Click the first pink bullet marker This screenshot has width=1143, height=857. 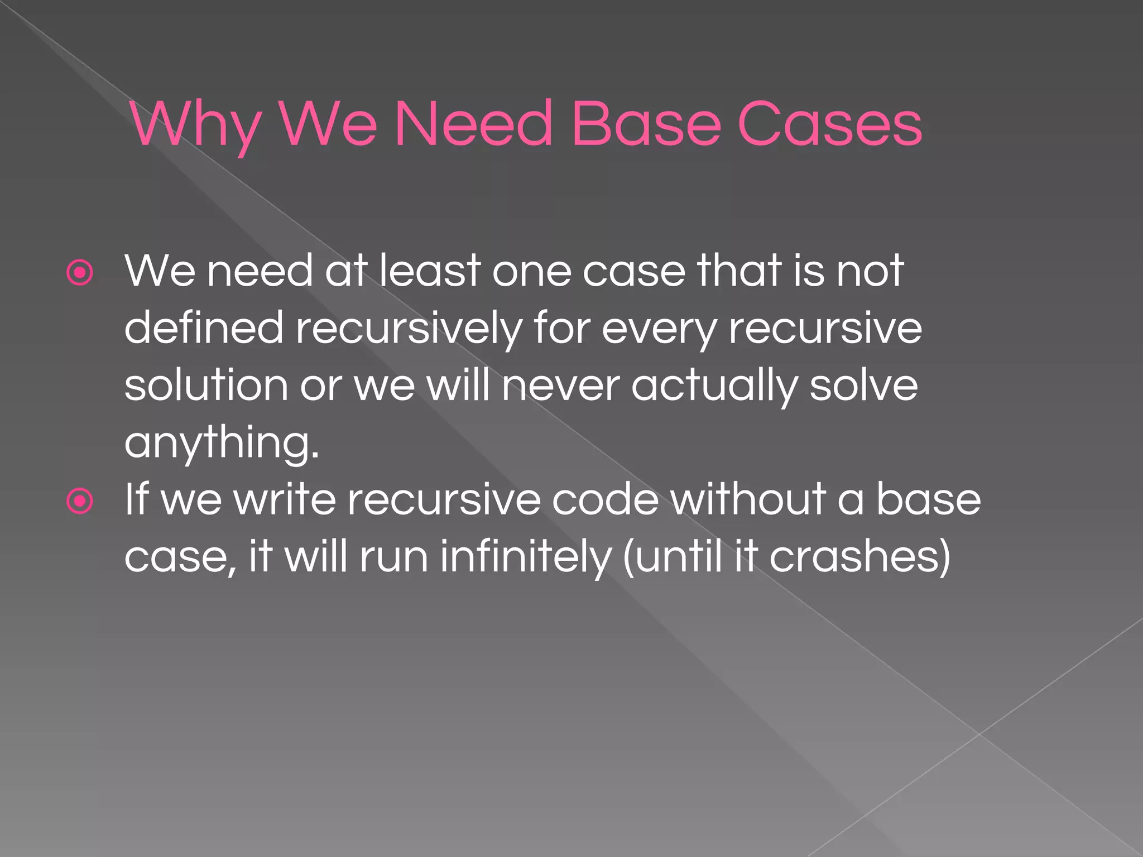80,273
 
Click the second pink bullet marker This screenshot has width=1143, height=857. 80,501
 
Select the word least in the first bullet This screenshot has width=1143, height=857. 430,271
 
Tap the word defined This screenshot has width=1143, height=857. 204,328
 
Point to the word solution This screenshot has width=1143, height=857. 206,386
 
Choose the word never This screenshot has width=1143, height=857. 560,387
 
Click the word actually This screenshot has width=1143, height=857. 714,387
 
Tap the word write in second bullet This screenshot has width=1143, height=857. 285,499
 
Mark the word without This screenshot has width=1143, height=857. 747,499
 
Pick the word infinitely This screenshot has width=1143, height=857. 525,557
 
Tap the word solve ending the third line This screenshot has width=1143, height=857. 863,386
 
